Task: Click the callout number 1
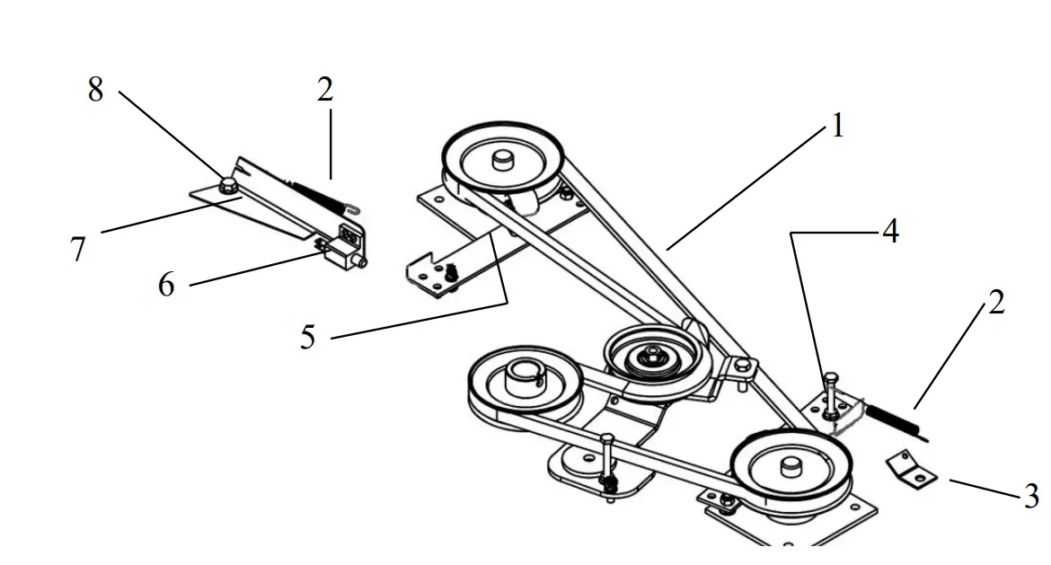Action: (x=837, y=127)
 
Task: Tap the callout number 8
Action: (x=95, y=90)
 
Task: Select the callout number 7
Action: (x=78, y=249)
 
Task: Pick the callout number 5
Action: (x=308, y=338)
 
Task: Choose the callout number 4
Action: (x=889, y=232)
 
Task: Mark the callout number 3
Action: (x=1031, y=496)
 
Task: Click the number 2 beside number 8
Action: (x=324, y=90)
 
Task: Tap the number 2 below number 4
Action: (x=996, y=304)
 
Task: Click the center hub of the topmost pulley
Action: (x=501, y=160)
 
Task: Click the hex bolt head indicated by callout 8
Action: (x=227, y=186)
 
